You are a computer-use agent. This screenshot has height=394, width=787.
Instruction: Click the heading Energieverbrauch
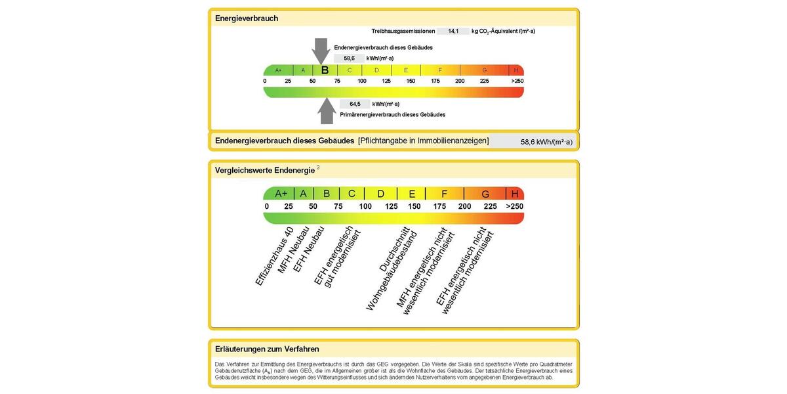click(247, 18)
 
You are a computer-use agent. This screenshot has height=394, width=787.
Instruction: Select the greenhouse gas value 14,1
click(453, 32)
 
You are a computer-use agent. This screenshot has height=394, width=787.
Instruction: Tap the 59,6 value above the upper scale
click(349, 58)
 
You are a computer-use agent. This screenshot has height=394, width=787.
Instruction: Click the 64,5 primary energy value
click(355, 104)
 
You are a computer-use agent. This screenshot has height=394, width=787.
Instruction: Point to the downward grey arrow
click(321, 51)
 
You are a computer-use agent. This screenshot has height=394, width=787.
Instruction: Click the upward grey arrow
click(327, 111)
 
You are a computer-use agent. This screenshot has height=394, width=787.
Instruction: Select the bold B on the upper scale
click(325, 70)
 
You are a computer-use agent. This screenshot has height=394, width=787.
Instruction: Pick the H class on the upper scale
click(515, 70)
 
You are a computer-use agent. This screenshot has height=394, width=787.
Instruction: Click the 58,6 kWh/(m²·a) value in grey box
click(546, 142)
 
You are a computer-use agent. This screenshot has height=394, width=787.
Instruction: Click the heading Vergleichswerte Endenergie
click(264, 170)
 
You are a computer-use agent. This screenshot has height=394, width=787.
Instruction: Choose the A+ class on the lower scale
click(281, 194)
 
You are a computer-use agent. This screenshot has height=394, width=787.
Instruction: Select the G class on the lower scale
click(485, 194)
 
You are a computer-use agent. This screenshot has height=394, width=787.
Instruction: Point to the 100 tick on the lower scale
click(365, 206)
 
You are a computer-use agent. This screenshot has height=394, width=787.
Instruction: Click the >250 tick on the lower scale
click(515, 206)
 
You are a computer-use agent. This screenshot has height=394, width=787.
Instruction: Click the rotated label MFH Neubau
click(293, 250)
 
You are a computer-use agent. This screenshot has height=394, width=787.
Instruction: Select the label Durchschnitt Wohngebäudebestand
click(392, 269)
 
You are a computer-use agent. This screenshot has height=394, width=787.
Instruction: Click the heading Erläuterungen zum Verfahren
click(267, 349)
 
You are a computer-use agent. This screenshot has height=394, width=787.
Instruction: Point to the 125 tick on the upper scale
click(386, 81)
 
